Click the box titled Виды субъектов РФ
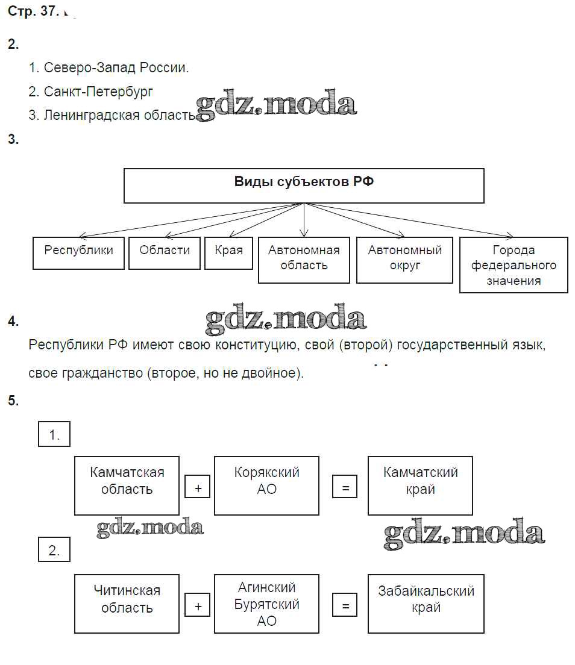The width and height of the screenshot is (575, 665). click(x=304, y=186)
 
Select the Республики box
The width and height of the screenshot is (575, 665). click(x=78, y=253)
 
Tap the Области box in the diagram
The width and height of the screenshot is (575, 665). click(x=165, y=253)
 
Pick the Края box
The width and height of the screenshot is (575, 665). click(x=228, y=253)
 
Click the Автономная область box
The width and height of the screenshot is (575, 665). click(x=304, y=260)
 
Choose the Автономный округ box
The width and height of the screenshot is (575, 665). click(x=404, y=260)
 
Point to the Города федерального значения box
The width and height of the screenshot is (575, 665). click(x=514, y=265)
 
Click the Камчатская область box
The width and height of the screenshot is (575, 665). click(x=127, y=485)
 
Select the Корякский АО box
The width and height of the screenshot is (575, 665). click(x=266, y=485)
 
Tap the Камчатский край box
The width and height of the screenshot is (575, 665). click(x=420, y=485)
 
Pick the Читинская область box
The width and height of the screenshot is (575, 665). click(x=127, y=604)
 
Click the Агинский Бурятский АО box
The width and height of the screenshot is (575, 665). click(x=266, y=604)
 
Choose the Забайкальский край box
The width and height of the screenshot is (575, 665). click(x=426, y=604)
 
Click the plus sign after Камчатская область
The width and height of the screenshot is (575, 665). click(x=198, y=488)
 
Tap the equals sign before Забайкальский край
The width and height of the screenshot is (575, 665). click(x=345, y=606)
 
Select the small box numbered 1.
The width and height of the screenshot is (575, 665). click(x=54, y=434)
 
